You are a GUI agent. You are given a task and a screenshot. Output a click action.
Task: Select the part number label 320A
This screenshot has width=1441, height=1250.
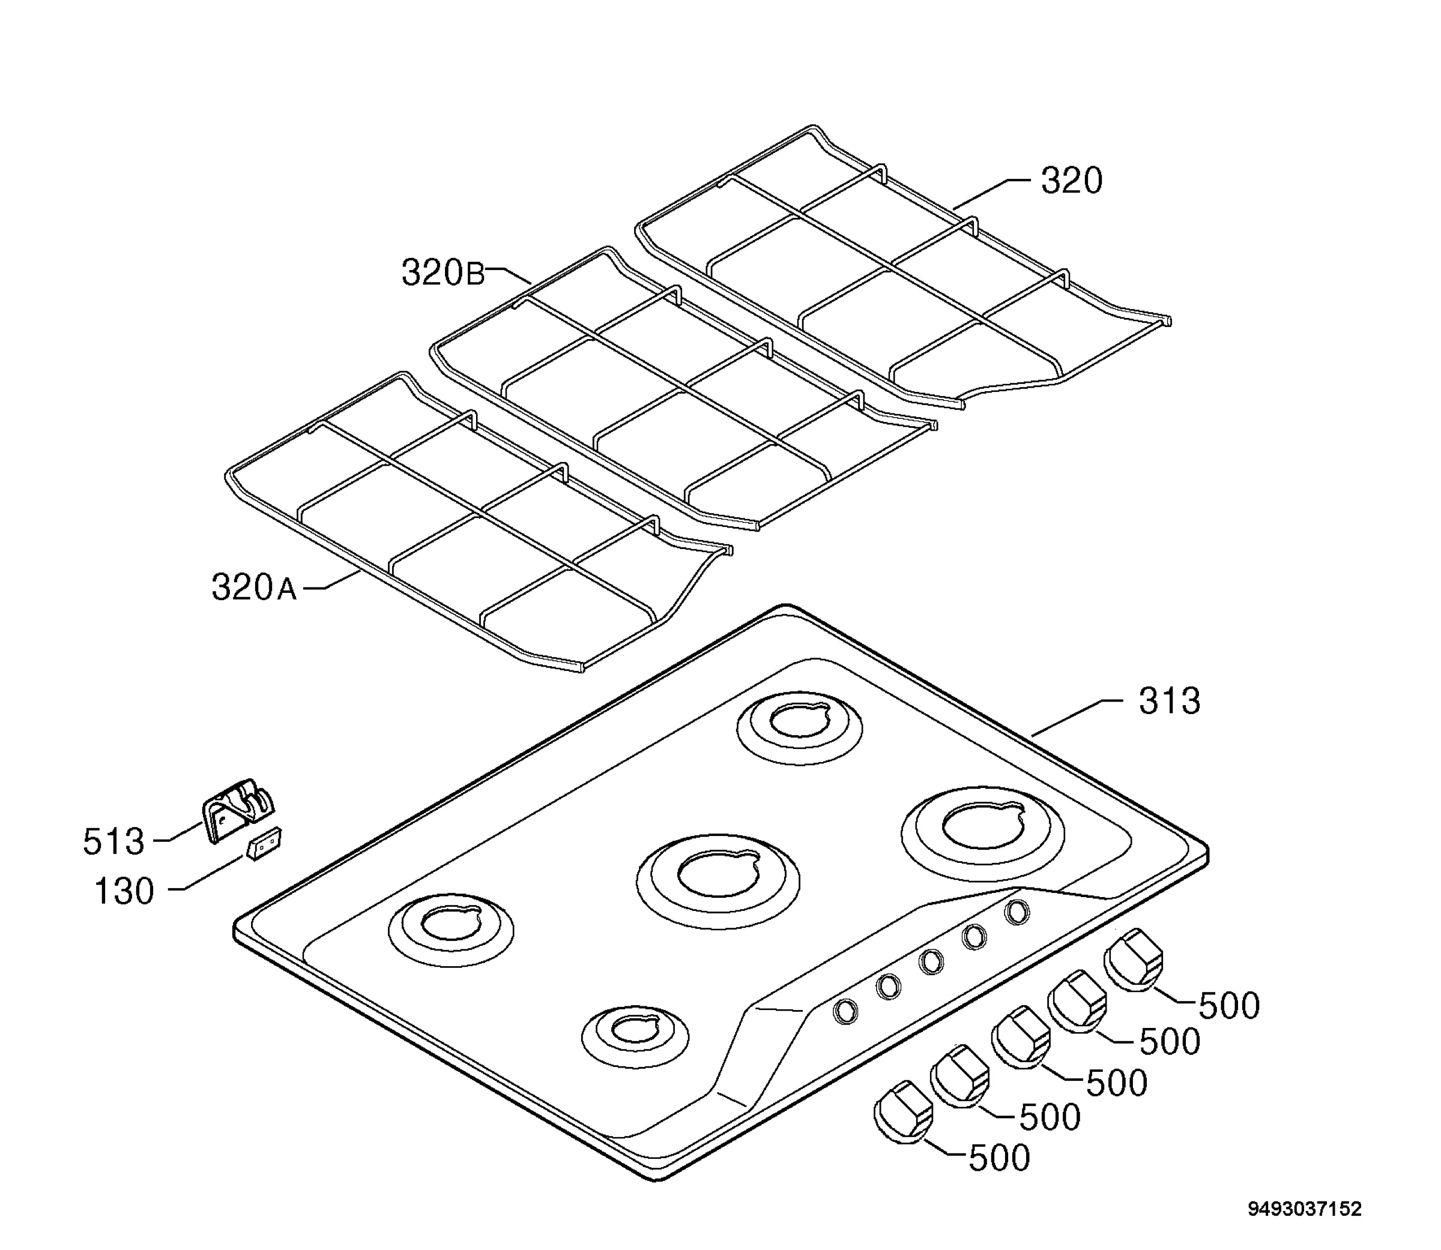pos(254,587)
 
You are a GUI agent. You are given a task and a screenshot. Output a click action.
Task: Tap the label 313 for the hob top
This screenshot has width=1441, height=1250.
pos(1170,701)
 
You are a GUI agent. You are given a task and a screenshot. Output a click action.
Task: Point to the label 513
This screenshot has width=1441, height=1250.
pos(113,841)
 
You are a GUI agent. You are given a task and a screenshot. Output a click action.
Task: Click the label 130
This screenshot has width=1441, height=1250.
pos(124,892)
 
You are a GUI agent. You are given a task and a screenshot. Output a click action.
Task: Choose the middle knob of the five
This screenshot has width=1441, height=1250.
pos(1022,1037)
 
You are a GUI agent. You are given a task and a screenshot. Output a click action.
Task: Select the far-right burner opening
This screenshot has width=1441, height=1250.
pos(982,826)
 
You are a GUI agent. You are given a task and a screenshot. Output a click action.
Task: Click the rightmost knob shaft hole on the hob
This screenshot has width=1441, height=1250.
pos(1018,912)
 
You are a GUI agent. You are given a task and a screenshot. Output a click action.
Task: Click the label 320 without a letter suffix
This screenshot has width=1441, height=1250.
pos(1072,181)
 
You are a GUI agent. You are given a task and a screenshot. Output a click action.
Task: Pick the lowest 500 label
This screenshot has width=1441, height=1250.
pos(999,1158)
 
